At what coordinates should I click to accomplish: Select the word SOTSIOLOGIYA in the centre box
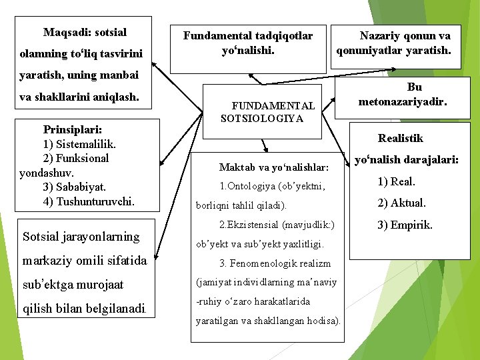click(x=261, y=118)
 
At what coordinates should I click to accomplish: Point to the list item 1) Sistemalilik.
click(x=79, y=143)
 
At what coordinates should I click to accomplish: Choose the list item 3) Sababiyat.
click(x=74, y=187)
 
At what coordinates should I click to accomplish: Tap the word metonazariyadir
click(x=403, y=102)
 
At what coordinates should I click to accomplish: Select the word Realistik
click(x=400, y=138)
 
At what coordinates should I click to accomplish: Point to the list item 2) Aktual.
click(x=401, y=203)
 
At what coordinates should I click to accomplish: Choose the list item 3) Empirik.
click(x=405, y=225)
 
